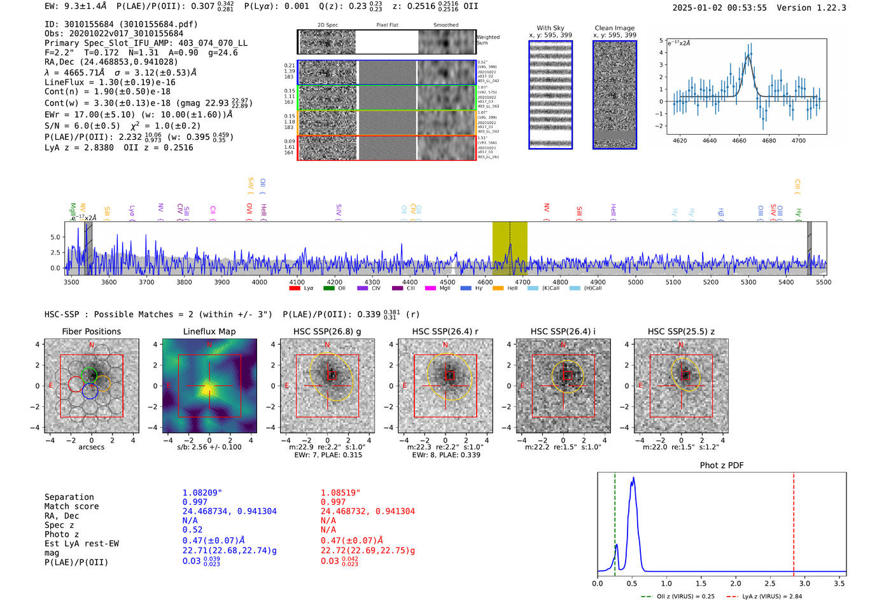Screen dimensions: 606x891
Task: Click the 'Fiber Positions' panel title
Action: point(91,331)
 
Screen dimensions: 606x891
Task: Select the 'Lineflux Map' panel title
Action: point(209,331)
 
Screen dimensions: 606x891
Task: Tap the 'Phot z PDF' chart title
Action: point(722,465)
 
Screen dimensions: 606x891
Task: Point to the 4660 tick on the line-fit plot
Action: point(739,141)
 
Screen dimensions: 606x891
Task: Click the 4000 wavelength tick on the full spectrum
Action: point(259,282)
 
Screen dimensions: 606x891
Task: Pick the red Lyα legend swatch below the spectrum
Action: point(295,289)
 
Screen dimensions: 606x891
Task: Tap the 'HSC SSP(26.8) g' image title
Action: point(327,331)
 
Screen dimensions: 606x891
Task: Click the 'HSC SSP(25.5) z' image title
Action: point(681,331)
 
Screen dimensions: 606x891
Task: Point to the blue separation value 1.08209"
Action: point(202,493)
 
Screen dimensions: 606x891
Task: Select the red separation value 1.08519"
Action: point(340,493)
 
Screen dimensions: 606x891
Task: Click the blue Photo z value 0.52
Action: point(192,530)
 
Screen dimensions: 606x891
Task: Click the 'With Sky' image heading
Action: point(551,28)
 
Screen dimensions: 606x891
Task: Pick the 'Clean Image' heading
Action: point(614,28)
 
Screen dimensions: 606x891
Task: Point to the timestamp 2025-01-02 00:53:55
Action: point(719,8)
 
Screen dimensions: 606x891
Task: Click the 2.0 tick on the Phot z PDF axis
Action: point(736,583)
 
